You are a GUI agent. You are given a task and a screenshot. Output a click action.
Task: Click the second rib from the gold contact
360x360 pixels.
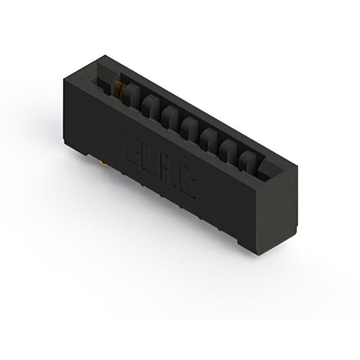[x=150, y=103]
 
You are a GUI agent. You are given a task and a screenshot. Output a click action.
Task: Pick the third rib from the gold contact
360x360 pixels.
[x=169, y=115]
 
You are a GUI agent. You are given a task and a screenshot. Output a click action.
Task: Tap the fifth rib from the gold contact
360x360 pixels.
[x=209, y=138]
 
